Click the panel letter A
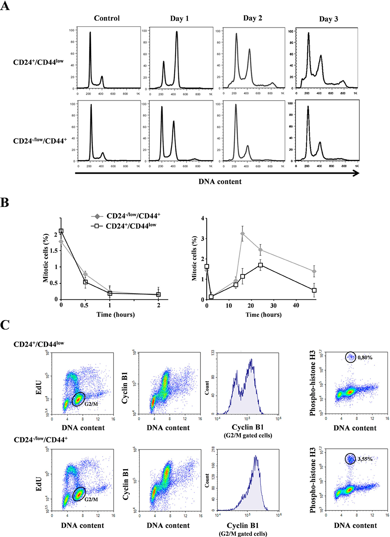click(5, 6)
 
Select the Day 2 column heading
click(252, 18)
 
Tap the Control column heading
click(106, 18)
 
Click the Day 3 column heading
click(328, 19)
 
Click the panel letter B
click(5, 203)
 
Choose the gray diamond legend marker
click(97, 216)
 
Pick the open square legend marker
click(97, 226)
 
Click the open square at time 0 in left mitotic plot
click(61, 231)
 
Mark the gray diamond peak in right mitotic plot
click(243, 234)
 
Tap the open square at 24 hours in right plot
click(261, 265)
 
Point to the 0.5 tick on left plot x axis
click(84, 306)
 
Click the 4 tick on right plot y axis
click(202, 218)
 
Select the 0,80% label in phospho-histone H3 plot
click(365, 357)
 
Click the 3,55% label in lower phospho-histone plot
click(365, 459)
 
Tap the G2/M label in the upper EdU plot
click(91, 404)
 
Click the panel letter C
click(5, 325)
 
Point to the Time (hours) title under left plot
click(115, 315)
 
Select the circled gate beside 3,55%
click(350, 459)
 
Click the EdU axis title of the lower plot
click(39, 483)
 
